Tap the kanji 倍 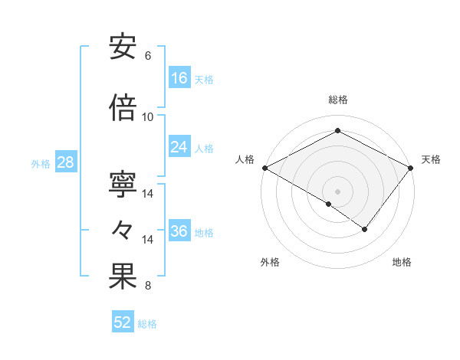[x=123, y=108]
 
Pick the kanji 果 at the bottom [x=123, y=277]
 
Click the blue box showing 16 [x=179, y=78]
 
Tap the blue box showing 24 [x=179, y=147]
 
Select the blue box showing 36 [x=179, y=231]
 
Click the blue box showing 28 [x=65, y=162]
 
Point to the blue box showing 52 [x=123, y=322]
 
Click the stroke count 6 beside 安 [x=148, y=56]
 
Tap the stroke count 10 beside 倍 [x=148, y=116]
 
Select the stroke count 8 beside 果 [x=148, y=286]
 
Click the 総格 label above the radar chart [x=338, y=100]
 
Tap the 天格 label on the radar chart [x=431, y=159]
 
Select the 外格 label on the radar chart [x=270, y=262]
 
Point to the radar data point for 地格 [x=365, y=229]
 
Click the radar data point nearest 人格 [x=264, y=168]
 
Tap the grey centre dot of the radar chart [x=338, y=191]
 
